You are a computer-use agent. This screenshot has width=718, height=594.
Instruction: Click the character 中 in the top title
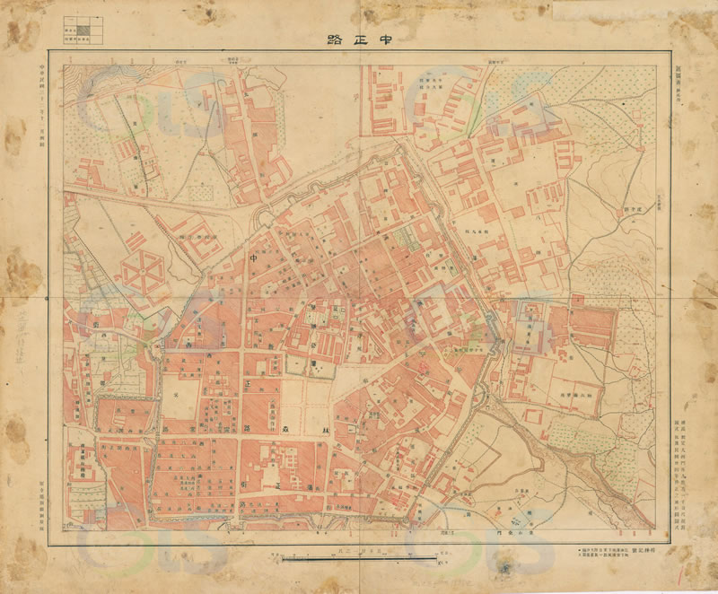390,39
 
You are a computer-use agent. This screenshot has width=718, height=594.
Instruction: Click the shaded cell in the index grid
83,30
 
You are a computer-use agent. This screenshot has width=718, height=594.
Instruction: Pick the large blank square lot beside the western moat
179,396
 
